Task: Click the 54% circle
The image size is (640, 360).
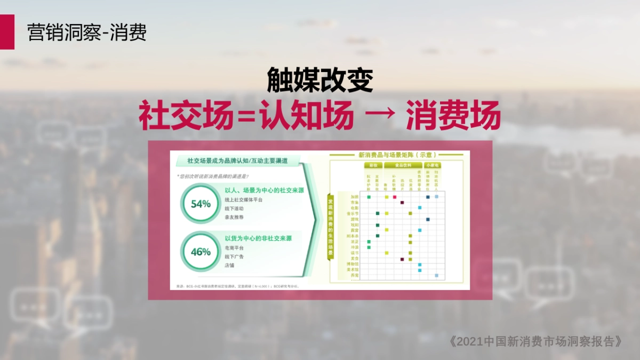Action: tap(201, 204)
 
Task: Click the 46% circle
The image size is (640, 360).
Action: tap(201, 252)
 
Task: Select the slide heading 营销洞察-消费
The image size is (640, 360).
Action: tap(87, 33)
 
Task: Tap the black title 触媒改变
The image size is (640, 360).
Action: tap(319, 80)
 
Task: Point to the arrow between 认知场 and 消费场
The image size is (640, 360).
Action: tap(379, 116)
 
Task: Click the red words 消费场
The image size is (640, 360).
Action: tap(453, 116)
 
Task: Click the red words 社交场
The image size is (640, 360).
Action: tap(186, 116)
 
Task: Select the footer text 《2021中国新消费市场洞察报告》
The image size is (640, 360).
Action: tap(535, 341)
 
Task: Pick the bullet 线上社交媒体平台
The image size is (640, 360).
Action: tap(243, 199)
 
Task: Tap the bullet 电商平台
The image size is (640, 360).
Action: tap(234, 248)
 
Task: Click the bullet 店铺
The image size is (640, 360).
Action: tap(230, 265)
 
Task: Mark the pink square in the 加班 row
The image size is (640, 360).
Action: tap(395, 197)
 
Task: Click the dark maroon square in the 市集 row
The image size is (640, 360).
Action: tap(403, 203)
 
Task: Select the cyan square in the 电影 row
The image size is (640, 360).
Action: tap(420, 208)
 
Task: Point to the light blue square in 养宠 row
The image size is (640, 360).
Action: tap(436, 276)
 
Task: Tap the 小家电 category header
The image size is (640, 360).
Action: tap(433, 165)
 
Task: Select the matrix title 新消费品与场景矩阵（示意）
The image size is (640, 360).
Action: tap(396, 155)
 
